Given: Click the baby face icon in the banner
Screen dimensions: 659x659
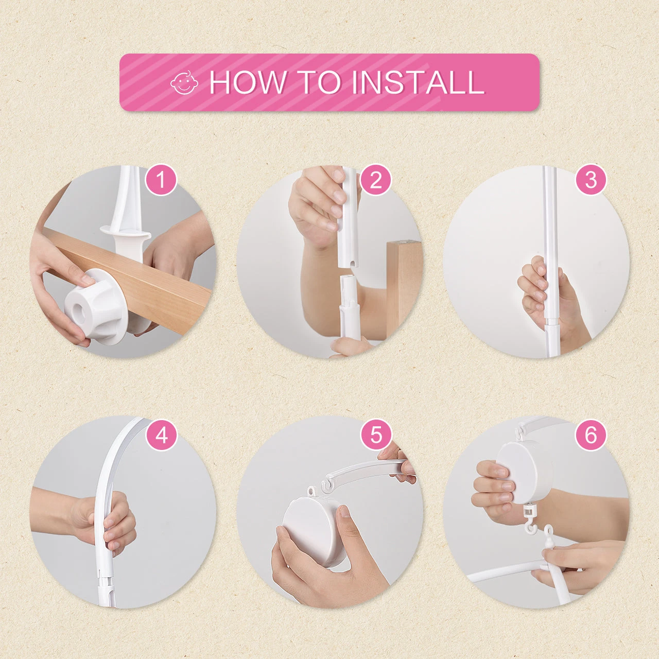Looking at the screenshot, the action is [x=184, y=82].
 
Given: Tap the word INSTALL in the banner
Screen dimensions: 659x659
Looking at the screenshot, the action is [x=418, y=82].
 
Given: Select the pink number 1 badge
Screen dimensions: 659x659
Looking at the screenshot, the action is [x=162, y=180].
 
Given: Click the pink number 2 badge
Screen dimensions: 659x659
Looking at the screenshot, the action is [x=375, y=180].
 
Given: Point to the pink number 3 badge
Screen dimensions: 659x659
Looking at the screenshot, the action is [x=591, y=180].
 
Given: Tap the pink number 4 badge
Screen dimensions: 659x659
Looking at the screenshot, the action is [x=162, y=436].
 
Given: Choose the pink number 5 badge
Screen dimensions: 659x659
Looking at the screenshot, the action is [x=375, y=436].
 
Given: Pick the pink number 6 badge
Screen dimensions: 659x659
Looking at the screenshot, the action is [x=591, y=436].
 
